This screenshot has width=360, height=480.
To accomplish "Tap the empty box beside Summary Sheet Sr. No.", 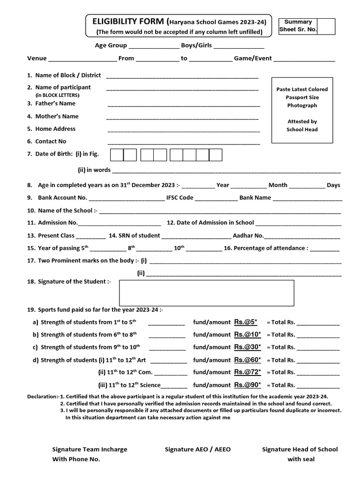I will coord(327,26).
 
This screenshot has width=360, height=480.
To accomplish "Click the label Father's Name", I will coord(55,104).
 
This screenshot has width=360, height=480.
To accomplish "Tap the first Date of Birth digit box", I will coord(117,155).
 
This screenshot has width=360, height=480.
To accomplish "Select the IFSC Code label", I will coord(180,198).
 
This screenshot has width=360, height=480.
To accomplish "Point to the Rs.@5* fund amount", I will coord(246,322).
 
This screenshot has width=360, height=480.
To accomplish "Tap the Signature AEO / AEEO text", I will coord(198,450).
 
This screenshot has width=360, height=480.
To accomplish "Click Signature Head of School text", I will coord(300,450).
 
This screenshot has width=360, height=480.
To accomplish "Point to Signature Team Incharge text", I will coord(90,450).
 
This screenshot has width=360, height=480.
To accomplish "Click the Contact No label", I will coord(51,142).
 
